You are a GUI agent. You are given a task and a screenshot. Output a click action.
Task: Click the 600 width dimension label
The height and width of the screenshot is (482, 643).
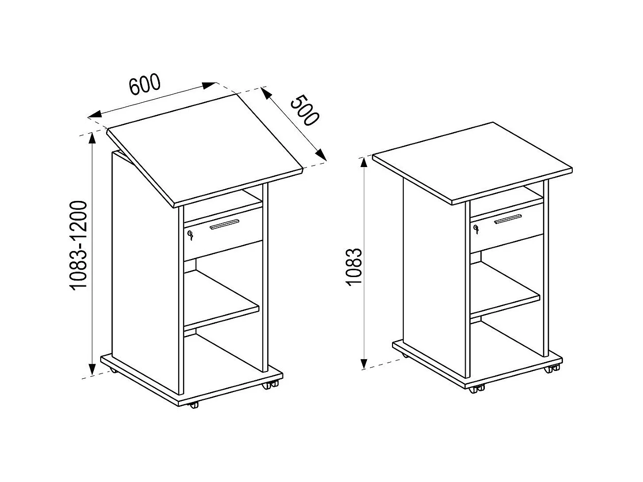pos(145,85)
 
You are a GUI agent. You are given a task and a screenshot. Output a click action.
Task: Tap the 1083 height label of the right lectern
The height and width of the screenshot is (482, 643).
pos(354,268)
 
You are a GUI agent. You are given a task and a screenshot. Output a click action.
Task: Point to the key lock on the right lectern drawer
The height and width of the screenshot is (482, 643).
pos(475,228)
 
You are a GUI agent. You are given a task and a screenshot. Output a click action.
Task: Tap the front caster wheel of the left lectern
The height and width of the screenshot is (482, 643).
pos(194,405)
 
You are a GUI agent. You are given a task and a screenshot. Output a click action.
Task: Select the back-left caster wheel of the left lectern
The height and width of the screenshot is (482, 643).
pos(113,370)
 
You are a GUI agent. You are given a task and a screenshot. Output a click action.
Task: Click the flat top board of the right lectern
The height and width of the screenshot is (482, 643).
pos(472,160)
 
